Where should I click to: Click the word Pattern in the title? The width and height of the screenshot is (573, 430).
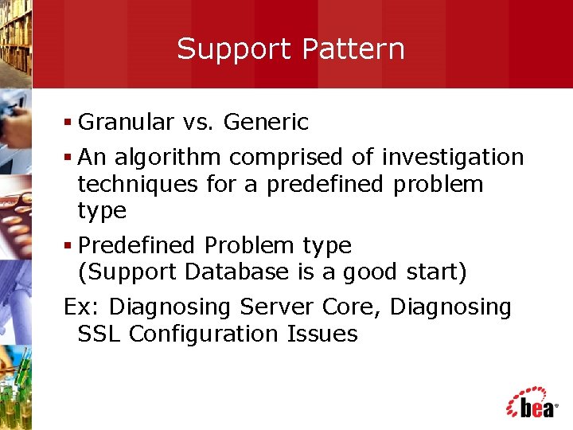[x=353, y=49]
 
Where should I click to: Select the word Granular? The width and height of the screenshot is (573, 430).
[x=127, y=123]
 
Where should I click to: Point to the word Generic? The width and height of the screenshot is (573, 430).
[x=266, y=123]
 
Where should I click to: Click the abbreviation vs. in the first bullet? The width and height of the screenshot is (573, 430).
[x=199, y=123]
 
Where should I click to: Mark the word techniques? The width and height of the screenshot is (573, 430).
[x=138, y=185]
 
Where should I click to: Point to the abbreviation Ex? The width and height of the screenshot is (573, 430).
[x=83, y=307]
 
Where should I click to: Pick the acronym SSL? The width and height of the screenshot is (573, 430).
[x=99, y=334]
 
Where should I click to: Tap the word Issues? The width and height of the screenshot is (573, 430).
[x=322, y=334]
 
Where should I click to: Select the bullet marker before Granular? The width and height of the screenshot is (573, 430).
[x=68, y=123]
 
